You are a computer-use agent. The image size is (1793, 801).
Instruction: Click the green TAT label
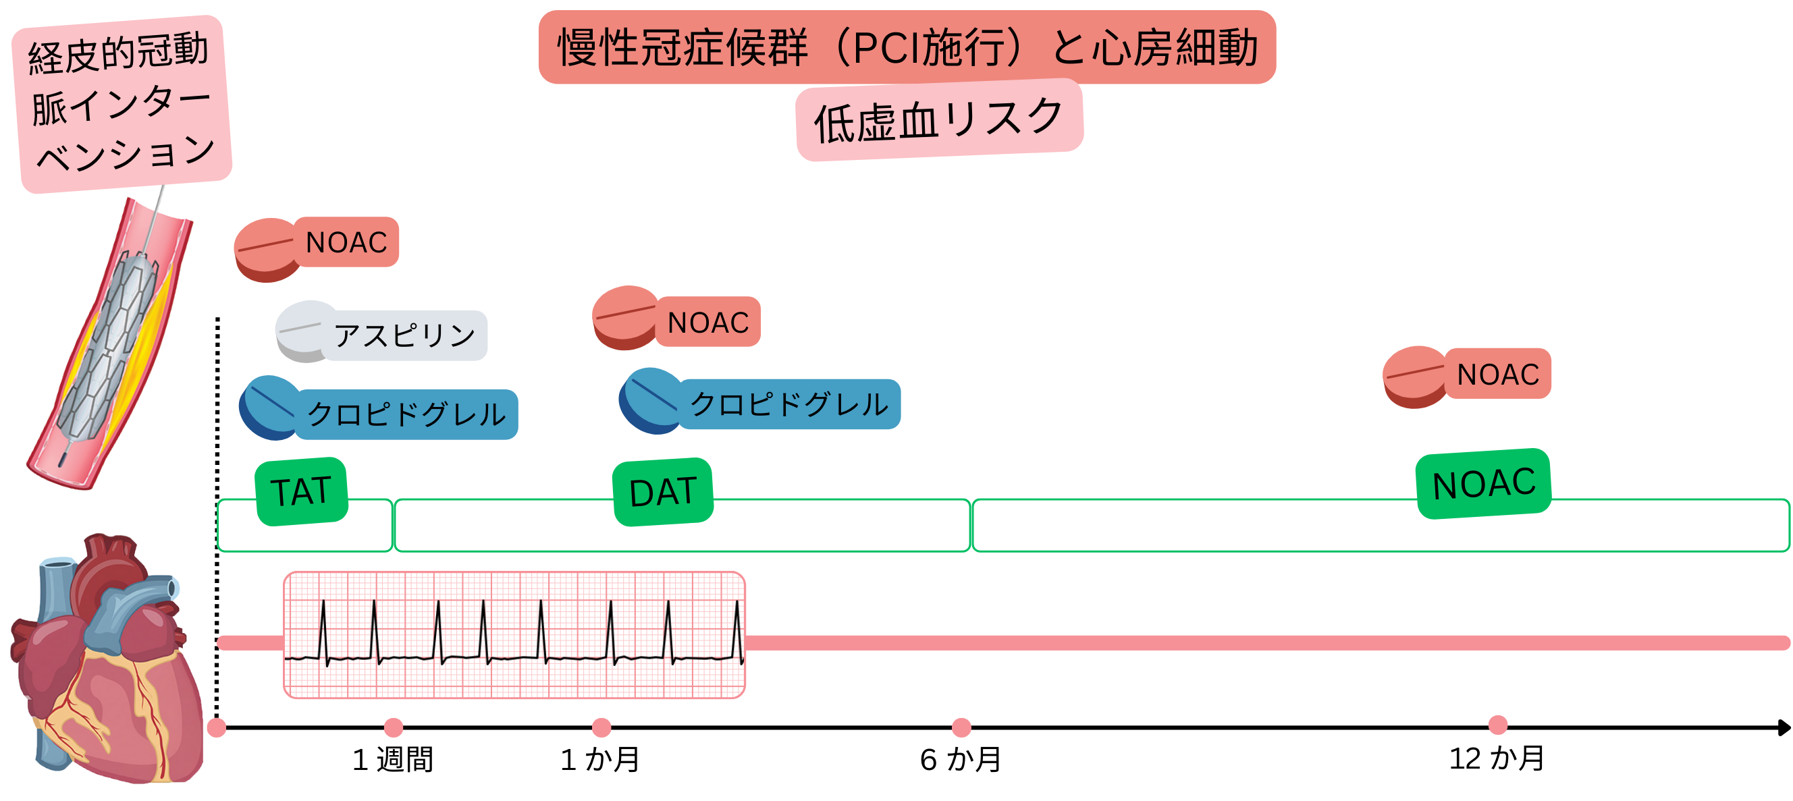click(300, 491)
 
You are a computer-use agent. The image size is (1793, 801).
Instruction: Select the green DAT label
click(663, 491)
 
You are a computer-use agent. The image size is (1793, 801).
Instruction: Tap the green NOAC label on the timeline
click(1483, 483)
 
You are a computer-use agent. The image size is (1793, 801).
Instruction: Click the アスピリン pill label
click(404, 335)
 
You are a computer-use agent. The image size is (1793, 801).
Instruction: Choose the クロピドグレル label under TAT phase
click(406, 414)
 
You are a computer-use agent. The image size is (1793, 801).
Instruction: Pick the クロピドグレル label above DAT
click(788, 404)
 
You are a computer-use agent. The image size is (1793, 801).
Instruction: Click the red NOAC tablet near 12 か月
click(1415, 377)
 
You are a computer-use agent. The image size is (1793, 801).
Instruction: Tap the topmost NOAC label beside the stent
click(346, 242)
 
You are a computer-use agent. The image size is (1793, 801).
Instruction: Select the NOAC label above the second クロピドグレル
click(707, 321)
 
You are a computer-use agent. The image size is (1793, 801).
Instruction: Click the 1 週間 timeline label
click(393, 759)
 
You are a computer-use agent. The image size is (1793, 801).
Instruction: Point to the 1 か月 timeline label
click(600, 759)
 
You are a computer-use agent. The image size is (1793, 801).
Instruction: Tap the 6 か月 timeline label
click(961, 759)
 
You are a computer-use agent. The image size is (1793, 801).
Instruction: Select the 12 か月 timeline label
click(1497, 758)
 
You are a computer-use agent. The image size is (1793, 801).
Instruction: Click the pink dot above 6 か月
click(961, 727)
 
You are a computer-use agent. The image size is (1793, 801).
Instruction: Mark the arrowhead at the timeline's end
click(1784, 727)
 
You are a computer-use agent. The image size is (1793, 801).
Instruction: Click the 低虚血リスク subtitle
click(939, 119)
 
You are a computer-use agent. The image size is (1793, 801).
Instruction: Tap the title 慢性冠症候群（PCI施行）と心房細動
click(907, 47)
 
